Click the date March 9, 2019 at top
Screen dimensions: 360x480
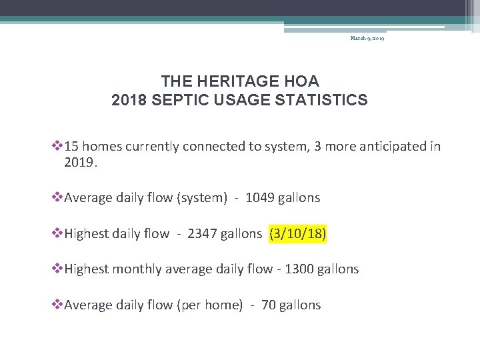click(x=367, y=39)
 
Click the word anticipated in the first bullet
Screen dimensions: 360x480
click(x=389, y=146)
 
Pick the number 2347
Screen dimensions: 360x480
click(x=202, y=233)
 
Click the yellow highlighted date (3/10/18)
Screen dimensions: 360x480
click(x=297, y=233)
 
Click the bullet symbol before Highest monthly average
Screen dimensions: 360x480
click(x=57, y=269)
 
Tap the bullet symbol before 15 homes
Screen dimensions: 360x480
click(x=57, y=146)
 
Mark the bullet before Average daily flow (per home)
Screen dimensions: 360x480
click(x=57, y=305)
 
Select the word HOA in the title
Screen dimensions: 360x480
click(x=301, y=81)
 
